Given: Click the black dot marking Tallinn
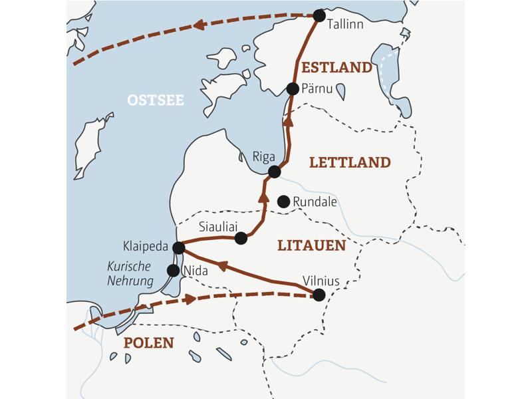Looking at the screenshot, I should point(319,15).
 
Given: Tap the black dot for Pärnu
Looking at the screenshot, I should point(292,89).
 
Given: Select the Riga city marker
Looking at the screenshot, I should point(274,172).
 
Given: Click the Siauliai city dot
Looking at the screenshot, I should point(241,237).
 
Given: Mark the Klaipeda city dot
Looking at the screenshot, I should point(178,248).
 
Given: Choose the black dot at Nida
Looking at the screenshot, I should point(173,271).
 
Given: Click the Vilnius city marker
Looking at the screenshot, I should point(319,295).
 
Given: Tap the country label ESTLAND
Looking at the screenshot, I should point(336,67).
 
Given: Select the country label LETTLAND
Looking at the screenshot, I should point(350,162).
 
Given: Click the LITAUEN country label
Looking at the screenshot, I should point(311,246).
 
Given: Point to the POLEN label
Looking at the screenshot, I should point(148,343).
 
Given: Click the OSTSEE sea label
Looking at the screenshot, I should point(155,100).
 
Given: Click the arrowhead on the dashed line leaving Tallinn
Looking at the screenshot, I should point(198,25).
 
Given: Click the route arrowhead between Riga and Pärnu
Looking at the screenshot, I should point(288,121).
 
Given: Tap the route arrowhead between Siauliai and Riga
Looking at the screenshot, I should point(263,197).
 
